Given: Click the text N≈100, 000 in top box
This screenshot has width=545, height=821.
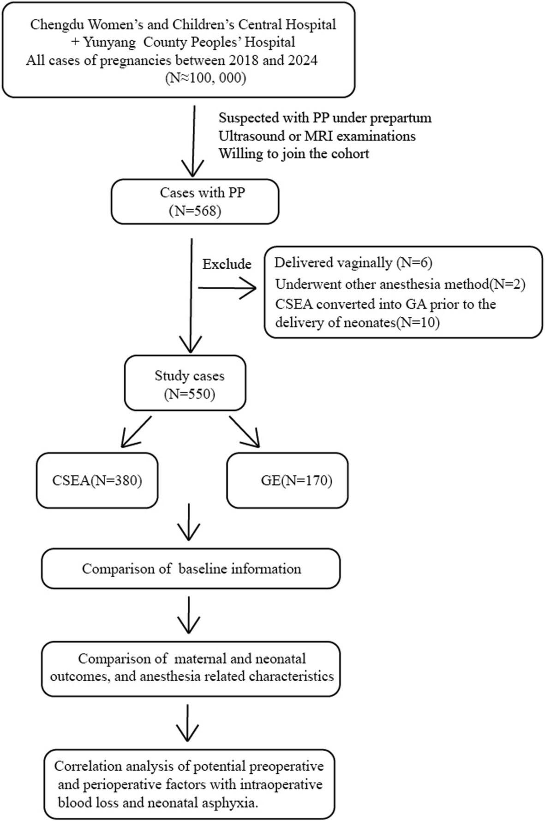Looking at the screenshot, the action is (x=206, y=78).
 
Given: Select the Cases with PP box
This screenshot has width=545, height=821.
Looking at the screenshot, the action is (x=195, y=202).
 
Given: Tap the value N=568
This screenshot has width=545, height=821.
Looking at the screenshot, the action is (x=195, y=211).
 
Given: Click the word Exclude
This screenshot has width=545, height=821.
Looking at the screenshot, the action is (x=227, y=264).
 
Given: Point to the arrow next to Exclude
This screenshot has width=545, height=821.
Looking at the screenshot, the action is (x=227, y=288).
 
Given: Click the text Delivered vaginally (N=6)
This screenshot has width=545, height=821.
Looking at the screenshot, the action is (x=353, y=263).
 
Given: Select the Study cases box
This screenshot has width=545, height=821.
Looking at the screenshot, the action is (x=185, y=383).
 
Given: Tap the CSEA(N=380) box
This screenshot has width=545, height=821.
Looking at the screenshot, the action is (x=97, y=480).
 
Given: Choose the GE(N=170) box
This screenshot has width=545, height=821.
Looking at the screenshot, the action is (x=287, y=480).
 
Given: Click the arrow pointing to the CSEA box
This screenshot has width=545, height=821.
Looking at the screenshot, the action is (x=136, y=432).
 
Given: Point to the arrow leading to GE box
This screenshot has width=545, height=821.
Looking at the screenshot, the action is (x=245, y=432).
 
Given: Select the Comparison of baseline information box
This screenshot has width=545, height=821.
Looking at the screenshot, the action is (x=191, y=568).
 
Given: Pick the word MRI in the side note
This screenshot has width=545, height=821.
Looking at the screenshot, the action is (x=316, y=136).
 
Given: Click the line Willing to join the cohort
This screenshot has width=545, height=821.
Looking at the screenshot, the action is (x=294, y=154).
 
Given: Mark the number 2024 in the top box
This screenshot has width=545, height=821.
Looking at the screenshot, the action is (x=302, y=60).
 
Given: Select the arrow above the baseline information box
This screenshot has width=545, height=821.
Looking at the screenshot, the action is (x=189, y=522).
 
